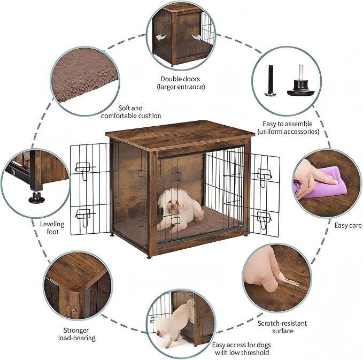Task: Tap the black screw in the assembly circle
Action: tap(271, 80)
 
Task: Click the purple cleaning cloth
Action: tap(322, 183)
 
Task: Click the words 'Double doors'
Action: tap(180, 79)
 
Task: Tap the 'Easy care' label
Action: tap(348, 225)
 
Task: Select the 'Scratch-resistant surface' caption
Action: tap(282, 327)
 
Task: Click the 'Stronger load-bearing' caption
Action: tap(76, 334)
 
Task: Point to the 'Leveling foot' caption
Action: tap(52, 228)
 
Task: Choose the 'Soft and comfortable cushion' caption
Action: tap(131, 112)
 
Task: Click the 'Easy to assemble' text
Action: tap(288, 124)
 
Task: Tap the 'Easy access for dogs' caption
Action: tap(242, 345)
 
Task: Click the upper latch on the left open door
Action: tap(84, 170)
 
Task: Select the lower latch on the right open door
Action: tap(264, 219)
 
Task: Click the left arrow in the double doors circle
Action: tap(161, 37)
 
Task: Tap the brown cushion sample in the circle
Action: tap(84, 75)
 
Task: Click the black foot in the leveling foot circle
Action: tap(36, 197)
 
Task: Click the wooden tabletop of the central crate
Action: tap(180, 134)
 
